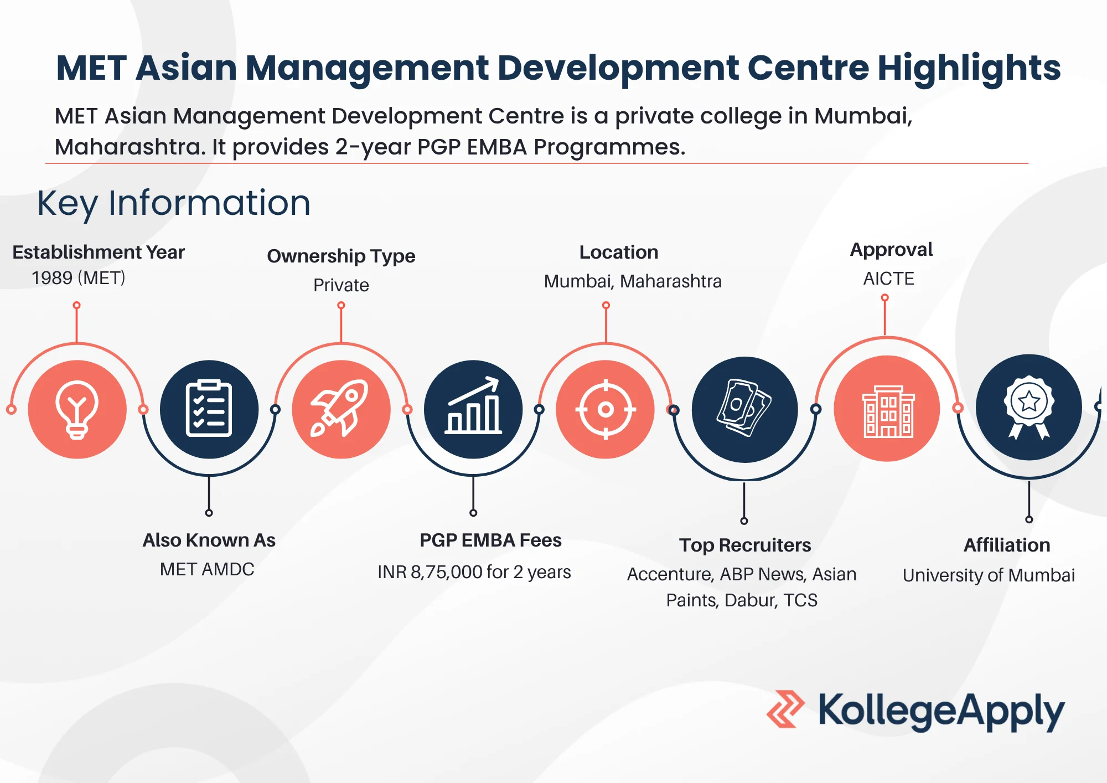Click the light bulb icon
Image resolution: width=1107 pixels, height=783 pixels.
pyautogui.click(x=77, y=410)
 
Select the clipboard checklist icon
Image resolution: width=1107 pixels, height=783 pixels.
pyautogui.click(x=209, y=409)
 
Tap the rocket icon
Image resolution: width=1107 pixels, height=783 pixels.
pyautogui.click(x=340, y=409)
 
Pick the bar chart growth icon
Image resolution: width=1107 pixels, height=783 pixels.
pyautogui.click(x=474, y=405)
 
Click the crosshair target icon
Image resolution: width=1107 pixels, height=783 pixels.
pyautogui.click(x=606, y=409)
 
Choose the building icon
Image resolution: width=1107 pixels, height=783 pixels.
pyautogui.click(x=888, y=411)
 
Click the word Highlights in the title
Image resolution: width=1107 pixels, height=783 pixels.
pyautogui.click(x=969, y=68)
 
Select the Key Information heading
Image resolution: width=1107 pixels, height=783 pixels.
pyautogui.click(x=174, y=203)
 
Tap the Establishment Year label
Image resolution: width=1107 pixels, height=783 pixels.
pyautogui.click(x=99, y=252)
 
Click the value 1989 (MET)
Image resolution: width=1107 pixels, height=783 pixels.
pyautogui.click(x=79, y=278)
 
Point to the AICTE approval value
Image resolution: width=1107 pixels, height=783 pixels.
pyautogui.click(x=889, y=278)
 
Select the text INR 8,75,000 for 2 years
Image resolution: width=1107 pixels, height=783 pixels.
pyautogui.click(x=474, y=572)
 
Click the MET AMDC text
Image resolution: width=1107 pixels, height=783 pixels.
pyautogui.click(x=207, y=569)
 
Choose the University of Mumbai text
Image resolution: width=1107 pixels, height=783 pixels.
pyautogui.click(x=989, y=575)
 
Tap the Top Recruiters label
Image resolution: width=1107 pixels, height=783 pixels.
pyautogui.click(x=745, y=545)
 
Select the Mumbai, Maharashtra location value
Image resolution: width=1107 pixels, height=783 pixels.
pyautogui.click(x=633, y=281)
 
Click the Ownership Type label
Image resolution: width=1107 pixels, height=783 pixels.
pyautogui.click(x=341, y=256)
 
